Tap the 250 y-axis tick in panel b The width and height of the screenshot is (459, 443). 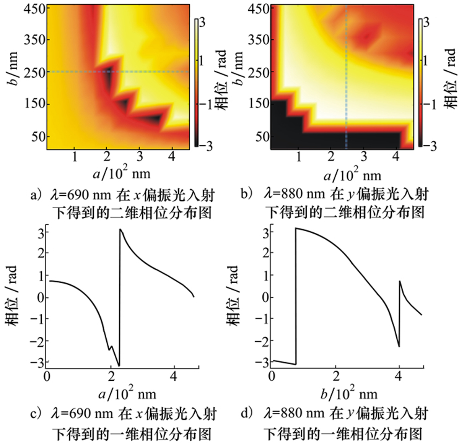pos(259,71)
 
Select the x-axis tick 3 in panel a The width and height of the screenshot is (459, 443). pos(139,156)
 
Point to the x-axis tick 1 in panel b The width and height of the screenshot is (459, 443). pos(299,156)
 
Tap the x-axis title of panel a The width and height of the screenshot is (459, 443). pos(122,174)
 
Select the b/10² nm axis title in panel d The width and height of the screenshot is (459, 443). pos(348,393)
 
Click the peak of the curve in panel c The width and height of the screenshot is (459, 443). pos(120,229)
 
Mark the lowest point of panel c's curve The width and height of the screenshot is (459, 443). pos(119,365)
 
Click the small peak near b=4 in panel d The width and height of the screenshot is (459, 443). pos(399,281)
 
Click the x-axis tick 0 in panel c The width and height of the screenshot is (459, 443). pos(47,376)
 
